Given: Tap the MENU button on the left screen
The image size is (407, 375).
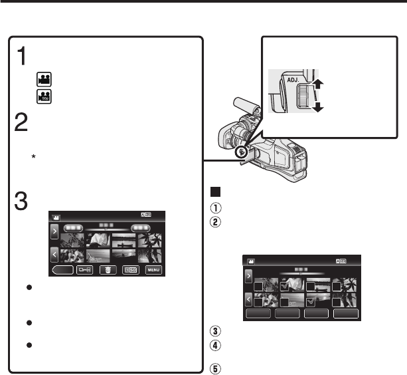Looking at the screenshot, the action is pyautogui.click(x=154, y=271).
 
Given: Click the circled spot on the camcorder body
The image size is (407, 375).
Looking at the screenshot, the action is pyautogui.click(x=243, y=151).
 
